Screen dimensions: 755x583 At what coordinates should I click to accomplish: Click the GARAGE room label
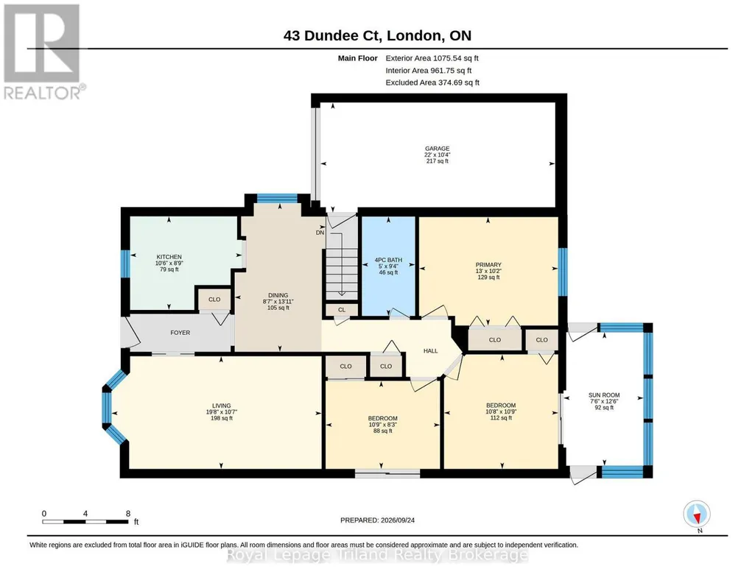coord(437,149)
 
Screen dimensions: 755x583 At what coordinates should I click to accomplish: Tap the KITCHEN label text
coord(169,257)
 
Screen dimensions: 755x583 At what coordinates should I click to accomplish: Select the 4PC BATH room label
coord(388,260)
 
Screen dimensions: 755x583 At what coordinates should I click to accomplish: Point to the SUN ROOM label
coord(604,395)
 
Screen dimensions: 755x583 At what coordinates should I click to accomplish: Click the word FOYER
coord(180,333)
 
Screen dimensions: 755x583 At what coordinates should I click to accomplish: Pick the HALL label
coord(430,350)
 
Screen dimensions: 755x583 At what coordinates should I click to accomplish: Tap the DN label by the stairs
coord(320,233)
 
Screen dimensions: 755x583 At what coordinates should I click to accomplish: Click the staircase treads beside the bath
coord(342,274)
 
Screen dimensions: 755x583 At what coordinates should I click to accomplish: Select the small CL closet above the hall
coord(341,310)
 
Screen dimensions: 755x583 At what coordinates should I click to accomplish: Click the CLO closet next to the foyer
coord(214,299)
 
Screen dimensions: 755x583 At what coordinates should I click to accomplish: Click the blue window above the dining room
coord(277,198)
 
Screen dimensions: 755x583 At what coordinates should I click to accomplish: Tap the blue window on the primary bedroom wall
coord(563,272)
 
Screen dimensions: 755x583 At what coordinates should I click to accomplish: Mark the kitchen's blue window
coord(125,264)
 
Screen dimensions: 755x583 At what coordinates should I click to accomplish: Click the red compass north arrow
coord(696,517)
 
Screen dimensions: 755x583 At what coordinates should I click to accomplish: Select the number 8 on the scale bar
coord(128,513)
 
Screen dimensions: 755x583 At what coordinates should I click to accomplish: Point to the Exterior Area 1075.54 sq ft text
coord(432,58)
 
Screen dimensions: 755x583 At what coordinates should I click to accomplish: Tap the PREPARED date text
coord(377,520)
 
